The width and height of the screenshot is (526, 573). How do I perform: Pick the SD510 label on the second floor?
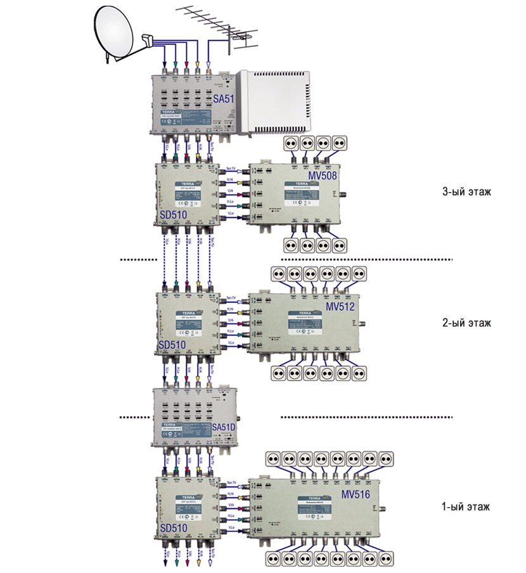[x=172, y=345]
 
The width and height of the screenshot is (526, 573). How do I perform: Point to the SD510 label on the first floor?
[x=172, y=527]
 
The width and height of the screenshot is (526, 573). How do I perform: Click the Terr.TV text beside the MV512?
[x=231, y=297]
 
